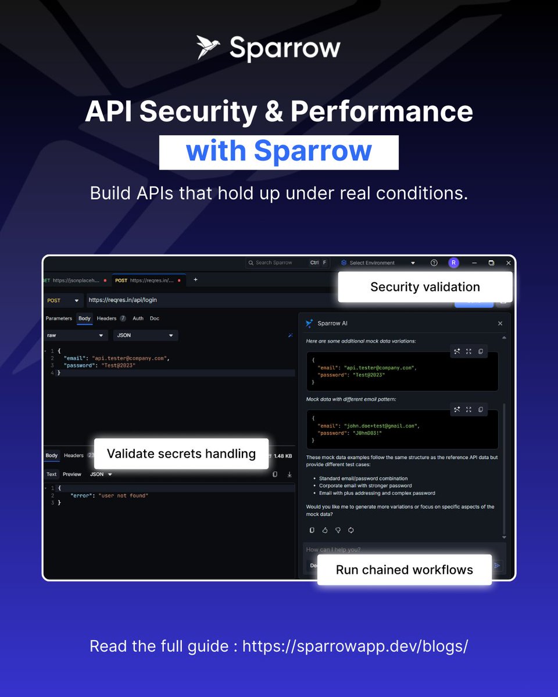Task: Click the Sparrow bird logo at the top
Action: (x=208, y=48)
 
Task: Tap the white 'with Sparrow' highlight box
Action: (x=278, y=152)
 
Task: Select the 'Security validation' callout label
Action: (x=425, y=287)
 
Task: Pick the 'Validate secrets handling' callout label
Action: (x=181, y=454)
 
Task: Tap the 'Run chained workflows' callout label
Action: (x=404, y=570)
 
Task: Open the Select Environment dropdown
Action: (x=378, y=263)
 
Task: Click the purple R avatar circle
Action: (x=453, y=263)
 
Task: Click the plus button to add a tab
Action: (x=195, y=279)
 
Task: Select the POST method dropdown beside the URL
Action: (x=63, y=300)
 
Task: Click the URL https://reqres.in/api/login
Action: (x=123, y=300)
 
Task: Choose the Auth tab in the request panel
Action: (x=138, y=318)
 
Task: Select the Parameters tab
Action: (x=59, y=318)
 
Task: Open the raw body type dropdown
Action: (x=76, y=335)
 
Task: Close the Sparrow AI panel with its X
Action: (x=500, y=324)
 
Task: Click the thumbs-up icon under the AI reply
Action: (x=325, y=530)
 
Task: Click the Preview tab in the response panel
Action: (x=72, y=474)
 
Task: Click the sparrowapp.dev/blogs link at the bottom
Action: (x=355, y=646)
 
